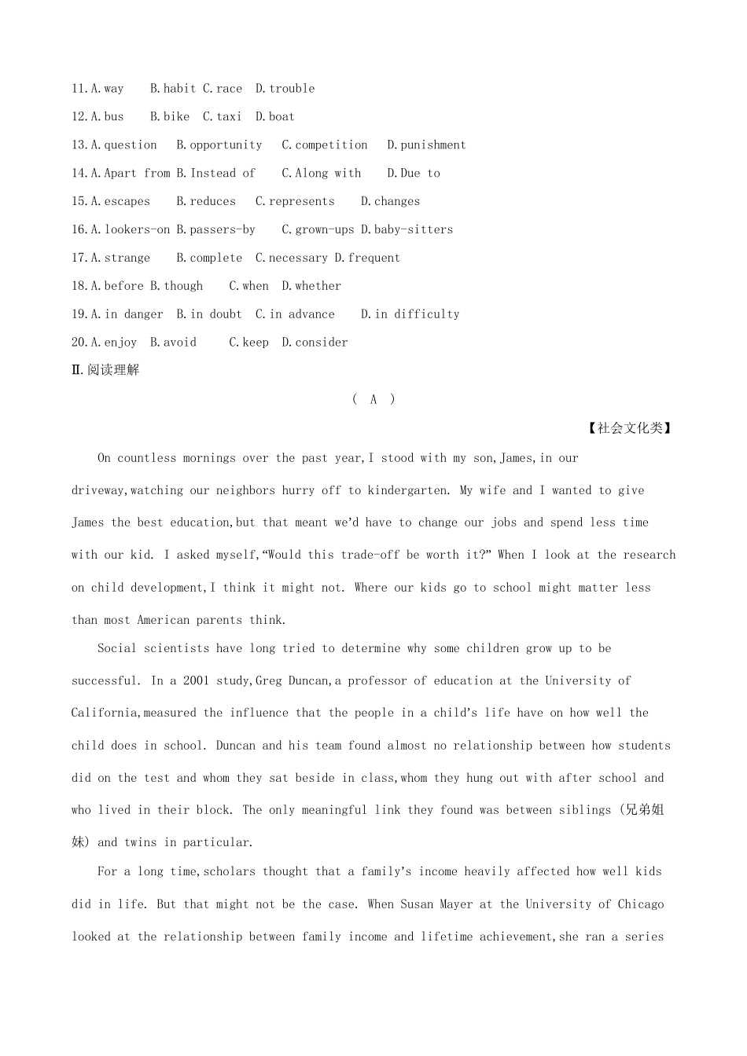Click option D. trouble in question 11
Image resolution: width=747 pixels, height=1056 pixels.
coord(285,89)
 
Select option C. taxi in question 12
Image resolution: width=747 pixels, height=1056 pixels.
coord(222,117)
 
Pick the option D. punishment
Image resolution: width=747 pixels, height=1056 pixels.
coord(426,145)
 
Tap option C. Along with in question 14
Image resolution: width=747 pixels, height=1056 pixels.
coord(321,174)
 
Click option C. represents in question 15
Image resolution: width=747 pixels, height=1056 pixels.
coord(295,202)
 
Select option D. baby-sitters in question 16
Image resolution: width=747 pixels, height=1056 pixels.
coord(407,230)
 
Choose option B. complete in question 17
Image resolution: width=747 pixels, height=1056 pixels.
coord(209,258)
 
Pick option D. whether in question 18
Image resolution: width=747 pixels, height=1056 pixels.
coord(311,287)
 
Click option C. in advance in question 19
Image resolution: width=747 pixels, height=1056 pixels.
coord(295,315)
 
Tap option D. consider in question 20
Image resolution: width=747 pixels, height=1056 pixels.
coord(315,343)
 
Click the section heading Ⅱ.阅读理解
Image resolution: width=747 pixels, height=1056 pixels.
coord(105,370)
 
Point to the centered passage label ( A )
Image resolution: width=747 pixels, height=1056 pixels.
coord(373,400)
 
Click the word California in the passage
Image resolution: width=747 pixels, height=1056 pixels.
coord(105,713)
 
